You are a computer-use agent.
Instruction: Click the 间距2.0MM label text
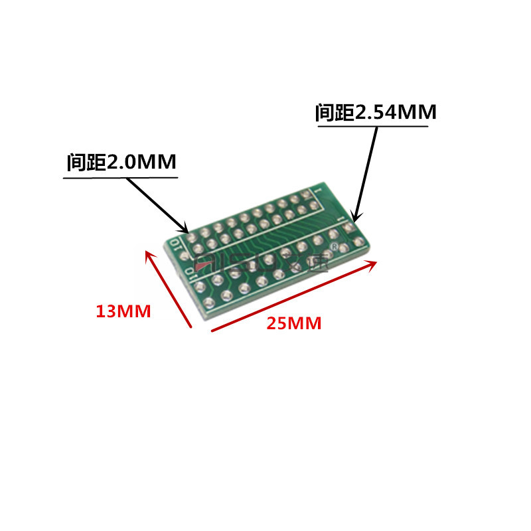coord(121,163)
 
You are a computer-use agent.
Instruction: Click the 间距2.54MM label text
coord(376,113)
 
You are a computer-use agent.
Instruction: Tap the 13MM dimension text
coord(123,311)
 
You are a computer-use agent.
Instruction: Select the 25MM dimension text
coord(294,324)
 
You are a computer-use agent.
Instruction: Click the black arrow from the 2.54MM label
coord(366,173)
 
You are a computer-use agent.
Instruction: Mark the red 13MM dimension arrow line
coord(169,289)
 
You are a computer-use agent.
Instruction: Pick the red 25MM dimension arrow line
coord(294,296)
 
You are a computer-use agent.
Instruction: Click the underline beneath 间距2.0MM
coord(121,177)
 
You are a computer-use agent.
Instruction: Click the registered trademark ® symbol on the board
coord(335,247)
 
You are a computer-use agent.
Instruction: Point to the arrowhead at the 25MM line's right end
coord(373,264)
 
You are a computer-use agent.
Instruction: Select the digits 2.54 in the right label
coord(375,113)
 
